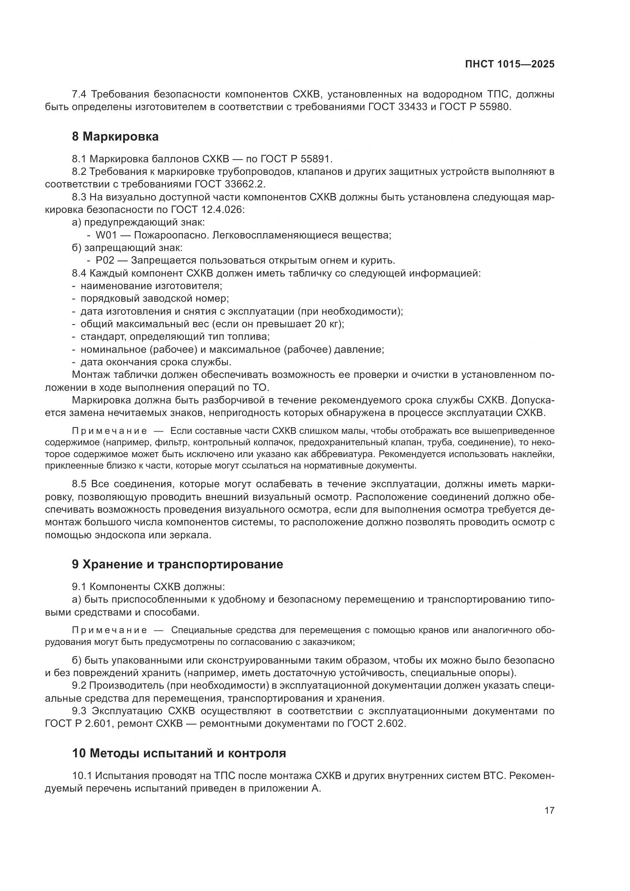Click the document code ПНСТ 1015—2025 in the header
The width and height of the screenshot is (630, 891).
tap(509, 64)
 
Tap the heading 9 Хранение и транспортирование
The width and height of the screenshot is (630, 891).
tap(177, 564)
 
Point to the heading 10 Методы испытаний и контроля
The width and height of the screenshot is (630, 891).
tap(179, 753)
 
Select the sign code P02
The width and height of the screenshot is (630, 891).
tap(105, 261)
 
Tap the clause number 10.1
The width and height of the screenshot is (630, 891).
tap(82, 776)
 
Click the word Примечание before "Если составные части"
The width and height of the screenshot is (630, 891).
tap(109, 431)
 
